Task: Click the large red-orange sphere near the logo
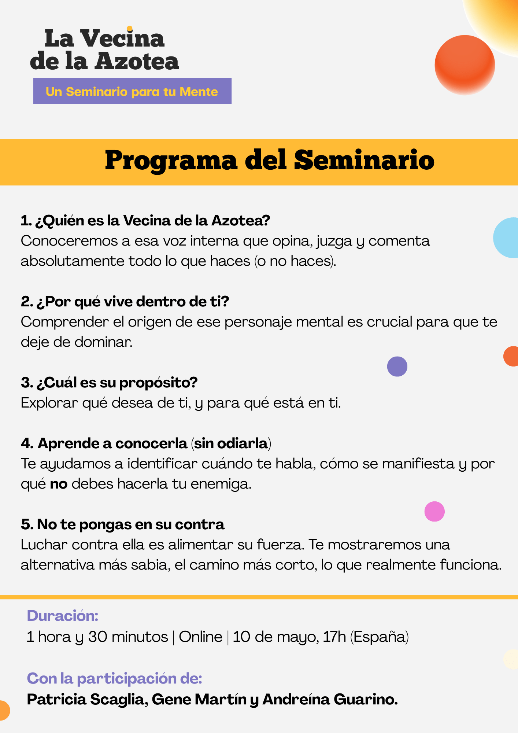click(x=465, y=65)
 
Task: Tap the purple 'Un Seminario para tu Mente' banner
click(x=132, y=91)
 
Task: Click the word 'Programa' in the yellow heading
click(x=171, y=161)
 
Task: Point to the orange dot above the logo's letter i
click(x=129, y=29)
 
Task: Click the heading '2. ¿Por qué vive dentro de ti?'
click(x=125, y=301)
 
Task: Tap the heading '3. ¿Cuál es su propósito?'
click(x=109, y=382)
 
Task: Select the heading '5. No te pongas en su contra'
click(x=122, y=524)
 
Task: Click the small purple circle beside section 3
click(x=397, y=366)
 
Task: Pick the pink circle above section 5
click(x=434, y=511)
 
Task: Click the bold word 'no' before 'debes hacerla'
click(x=59, y=484)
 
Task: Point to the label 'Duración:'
click(x=63, y=616)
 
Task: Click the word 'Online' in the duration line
click(x=200, y=637)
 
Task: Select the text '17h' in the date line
click(x=334, y=637)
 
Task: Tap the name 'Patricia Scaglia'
click(x=86, y=700)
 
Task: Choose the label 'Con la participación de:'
click(x=115, y=678)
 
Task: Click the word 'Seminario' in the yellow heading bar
click(x=364, y=161)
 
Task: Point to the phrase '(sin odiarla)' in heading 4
click(x=231, y=443)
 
